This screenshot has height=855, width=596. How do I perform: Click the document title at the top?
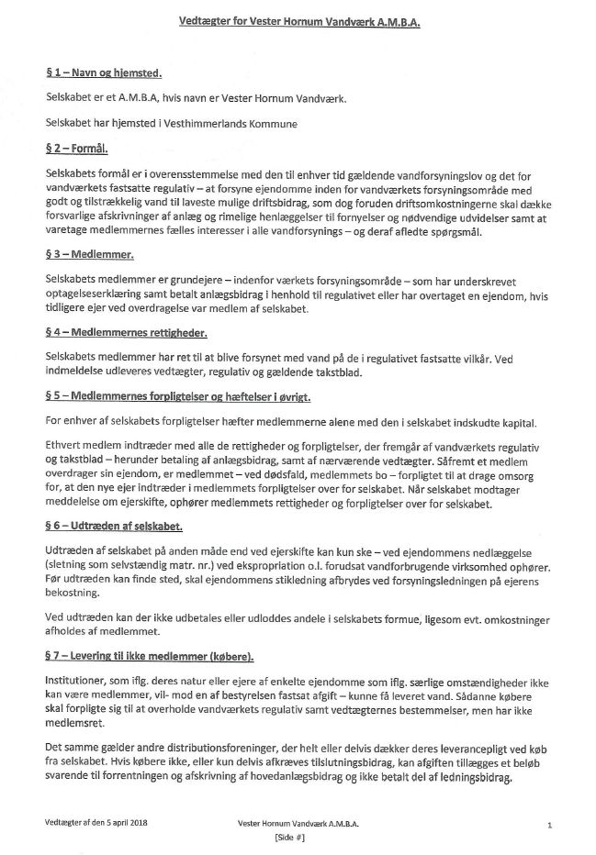click(298, 28)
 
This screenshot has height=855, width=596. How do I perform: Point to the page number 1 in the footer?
click(548, 826)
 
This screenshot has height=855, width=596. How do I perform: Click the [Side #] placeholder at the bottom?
click(291, 838)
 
